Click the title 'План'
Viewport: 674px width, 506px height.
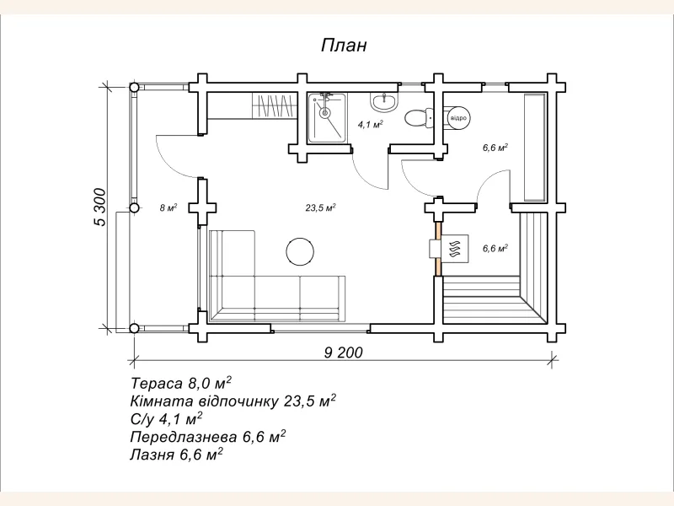[x=344, y=45]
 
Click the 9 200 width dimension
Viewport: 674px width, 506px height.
[x=343, y=353]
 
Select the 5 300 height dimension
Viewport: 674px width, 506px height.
[x=99, y=207]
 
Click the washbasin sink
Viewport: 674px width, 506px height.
[x=384, y=103]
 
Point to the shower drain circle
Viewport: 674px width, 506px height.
[x=325, y=113]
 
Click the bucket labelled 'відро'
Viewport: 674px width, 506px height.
[x=457, y=117]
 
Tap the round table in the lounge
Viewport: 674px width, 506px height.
[x=300, y=251]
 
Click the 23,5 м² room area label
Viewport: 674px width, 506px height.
[x=320, y=207]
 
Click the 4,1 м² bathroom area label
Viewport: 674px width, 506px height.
[x=370, y=125]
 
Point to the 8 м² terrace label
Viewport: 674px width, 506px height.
[x=168, y=207]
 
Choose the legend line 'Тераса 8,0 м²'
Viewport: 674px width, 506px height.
[x=181, y=382]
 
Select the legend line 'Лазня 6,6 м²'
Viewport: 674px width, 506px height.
[x=176, y=454]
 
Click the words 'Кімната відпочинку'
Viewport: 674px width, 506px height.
[x=204, y=401]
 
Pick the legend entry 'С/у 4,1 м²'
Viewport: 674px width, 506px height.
[x=166, y=418]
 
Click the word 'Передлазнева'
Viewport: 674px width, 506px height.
[x=184, y=437]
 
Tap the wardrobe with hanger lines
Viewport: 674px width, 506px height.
[x=273, y=105]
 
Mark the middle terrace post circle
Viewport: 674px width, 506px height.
[x=134, y=207]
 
